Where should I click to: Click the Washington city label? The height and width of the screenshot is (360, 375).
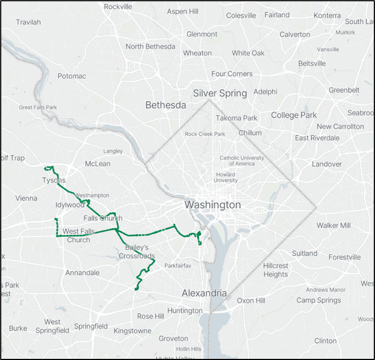(x=213, y=205)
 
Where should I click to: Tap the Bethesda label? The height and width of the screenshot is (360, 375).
(x=166, y=105)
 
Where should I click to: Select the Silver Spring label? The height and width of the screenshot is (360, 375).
(x=220, y=93)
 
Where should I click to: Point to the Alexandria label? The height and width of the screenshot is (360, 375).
(x=204, y=293)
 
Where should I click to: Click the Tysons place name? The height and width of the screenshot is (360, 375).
(x=54, y=181)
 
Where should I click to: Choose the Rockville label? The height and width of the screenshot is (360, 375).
(x=118, y=7)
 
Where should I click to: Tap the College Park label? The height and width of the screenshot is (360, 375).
(x=294, y=115)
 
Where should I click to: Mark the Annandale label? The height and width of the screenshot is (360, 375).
(x=82, y=273)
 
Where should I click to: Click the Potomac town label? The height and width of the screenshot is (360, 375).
(x=72, y=76)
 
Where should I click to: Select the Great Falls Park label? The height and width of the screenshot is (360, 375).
(x=38, y=107)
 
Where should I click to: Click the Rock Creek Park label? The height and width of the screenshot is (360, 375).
(x=205, y=134)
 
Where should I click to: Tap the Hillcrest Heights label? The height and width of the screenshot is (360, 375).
(x=276, y=270)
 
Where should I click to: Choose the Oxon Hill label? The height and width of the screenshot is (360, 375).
(x=251, y=300)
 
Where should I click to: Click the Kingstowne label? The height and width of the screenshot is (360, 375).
(x=132, y=331)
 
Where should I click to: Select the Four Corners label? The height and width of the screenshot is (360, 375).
(x=232, y=74)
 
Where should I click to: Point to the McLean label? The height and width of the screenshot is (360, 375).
(x=98, y=164)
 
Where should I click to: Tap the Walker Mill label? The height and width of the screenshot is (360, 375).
(x=334, y=225)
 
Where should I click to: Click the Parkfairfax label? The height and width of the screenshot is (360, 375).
(x=178, y=266)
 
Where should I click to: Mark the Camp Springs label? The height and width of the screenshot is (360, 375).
(x=319, y=300)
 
